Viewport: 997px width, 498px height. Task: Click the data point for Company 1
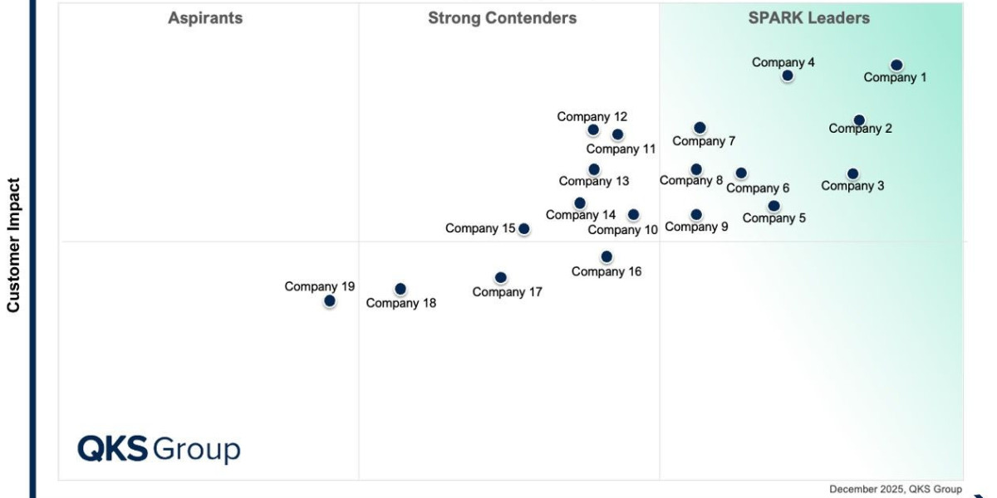896,65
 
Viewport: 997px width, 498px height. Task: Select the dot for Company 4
788,76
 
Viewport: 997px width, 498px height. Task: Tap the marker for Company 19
330,300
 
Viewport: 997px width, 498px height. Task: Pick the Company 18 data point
400,289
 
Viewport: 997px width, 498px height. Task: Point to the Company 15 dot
524,228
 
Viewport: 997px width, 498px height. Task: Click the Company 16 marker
607,256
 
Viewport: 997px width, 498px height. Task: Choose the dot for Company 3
852,173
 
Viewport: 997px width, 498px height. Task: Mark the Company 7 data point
700,127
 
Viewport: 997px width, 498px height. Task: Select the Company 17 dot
500,277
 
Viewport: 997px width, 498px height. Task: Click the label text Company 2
861,129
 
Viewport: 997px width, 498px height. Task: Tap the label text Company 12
592,117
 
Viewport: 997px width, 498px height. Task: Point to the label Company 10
623,230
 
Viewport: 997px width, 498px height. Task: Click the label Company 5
774,218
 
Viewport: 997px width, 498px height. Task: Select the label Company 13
594,181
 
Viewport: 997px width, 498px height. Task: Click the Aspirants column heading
205,18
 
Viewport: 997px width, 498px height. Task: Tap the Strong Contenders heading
502,18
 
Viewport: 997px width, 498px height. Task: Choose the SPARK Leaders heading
808,18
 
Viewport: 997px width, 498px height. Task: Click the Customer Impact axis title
13,245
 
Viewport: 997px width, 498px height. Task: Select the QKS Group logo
159,449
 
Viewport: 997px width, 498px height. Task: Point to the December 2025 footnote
895,489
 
